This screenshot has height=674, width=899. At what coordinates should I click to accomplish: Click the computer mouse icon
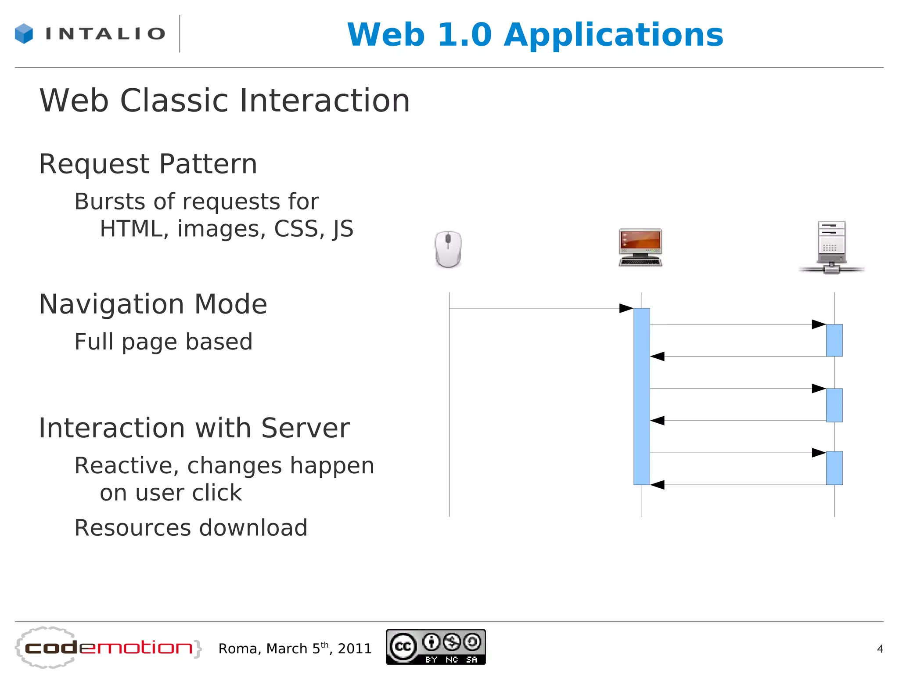click(x=448, y=249)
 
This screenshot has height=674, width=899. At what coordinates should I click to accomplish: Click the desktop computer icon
click(x=640, y=247)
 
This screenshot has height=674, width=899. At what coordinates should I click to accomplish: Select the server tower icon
click(x=831, y=247)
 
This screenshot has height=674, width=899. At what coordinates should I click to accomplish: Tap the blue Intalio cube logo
click(x=24, y=33)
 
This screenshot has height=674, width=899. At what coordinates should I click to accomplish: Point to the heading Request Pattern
click(x=148, y=164)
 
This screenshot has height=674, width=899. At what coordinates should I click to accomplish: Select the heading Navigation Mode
click(x=153, y=304)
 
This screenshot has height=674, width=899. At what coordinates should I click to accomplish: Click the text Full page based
click(x=163, y=342)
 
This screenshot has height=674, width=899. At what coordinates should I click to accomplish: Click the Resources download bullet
click(x=191, y=528)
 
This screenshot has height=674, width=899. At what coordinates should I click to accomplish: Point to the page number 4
click(x=880, y=649)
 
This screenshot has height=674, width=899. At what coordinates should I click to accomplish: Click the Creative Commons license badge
click(x=435, y=647)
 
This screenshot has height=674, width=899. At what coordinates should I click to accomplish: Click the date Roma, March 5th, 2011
click(x=295, y=649)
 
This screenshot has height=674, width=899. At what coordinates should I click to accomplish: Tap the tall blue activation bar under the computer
click(x=641, y=396)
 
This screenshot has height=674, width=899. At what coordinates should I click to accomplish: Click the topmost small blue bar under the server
click(x=834, y=340)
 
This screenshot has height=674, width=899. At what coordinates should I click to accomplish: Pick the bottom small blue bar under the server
click(x=834, y=468)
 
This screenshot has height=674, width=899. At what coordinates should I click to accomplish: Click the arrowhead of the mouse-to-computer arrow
click(x=626, y=308)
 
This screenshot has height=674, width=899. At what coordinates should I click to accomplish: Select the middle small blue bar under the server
click(x=834, y=405)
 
